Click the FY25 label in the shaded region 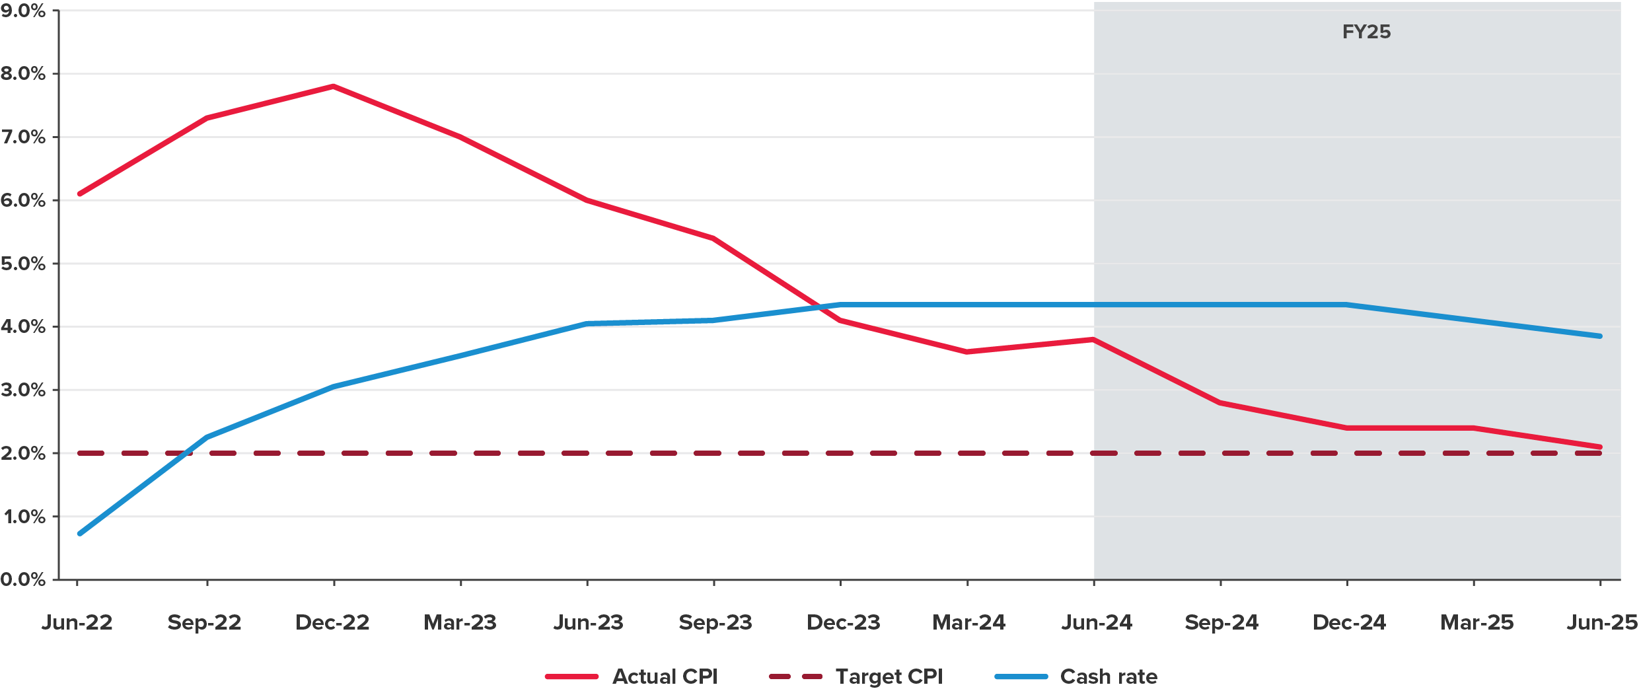pos(1366,32)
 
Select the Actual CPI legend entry pos(664,676)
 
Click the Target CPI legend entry pos(889,676)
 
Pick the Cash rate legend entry pos(1108,676)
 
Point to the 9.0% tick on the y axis pos(23,11)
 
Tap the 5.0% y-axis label pos(23,264)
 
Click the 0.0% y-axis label pos(23,579)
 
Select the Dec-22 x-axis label pos(332,622)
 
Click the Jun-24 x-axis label pos(1097,622)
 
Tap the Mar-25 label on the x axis pos(1476,622)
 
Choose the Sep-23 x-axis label pos(715,622)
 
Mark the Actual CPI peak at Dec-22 pos(333,86)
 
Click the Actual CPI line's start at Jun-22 pos(79,194)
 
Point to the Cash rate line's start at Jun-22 pos(79,533)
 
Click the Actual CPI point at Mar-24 pos(967,352)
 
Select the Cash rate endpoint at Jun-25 pos(1599,336)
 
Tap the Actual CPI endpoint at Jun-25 pos(1599,447)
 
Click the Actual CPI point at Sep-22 pos(207,118)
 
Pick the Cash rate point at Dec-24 pos(1347,305)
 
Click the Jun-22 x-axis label pos(77,622)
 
